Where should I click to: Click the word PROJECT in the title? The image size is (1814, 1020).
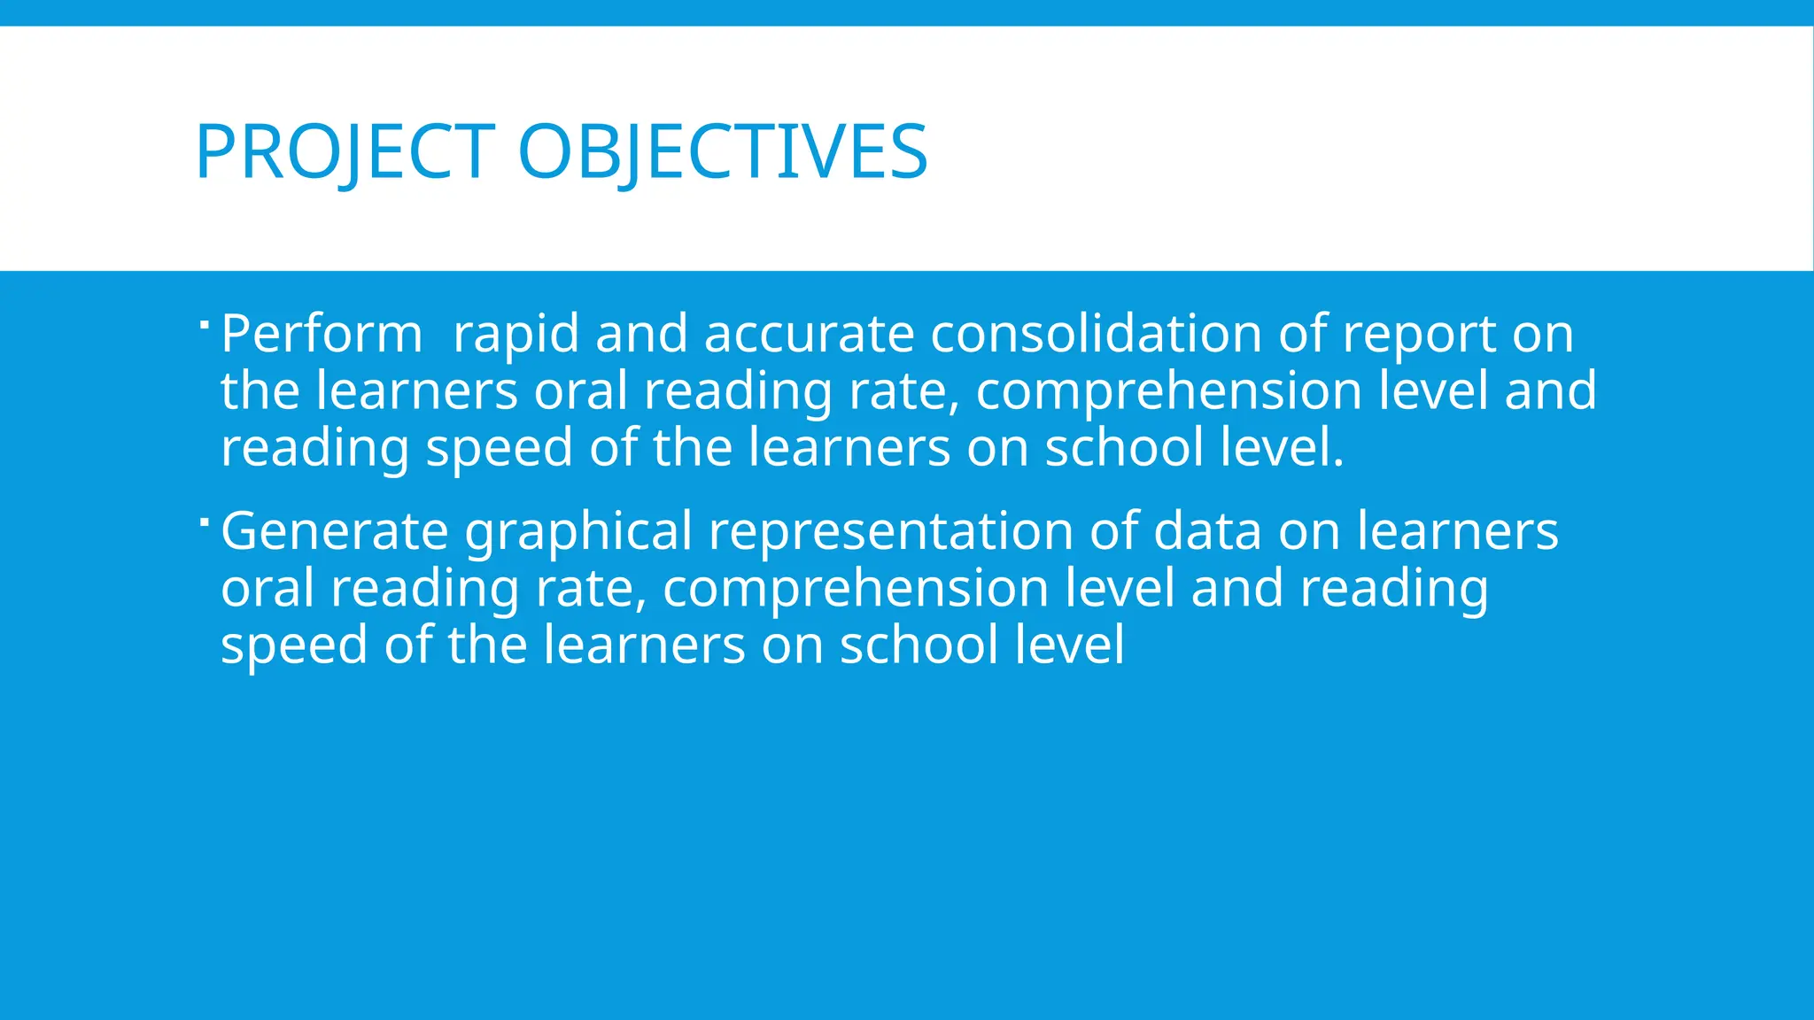[x=345, y=152]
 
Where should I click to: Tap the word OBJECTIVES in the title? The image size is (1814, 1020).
[x=722, y=152]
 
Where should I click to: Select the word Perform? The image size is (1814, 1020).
[x=322, y=335]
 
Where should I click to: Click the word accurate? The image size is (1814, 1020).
[x=809, y=335]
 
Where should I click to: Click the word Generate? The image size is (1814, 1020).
[x=335, y=531]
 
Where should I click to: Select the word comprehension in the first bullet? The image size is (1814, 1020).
[x=1168, y=392]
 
